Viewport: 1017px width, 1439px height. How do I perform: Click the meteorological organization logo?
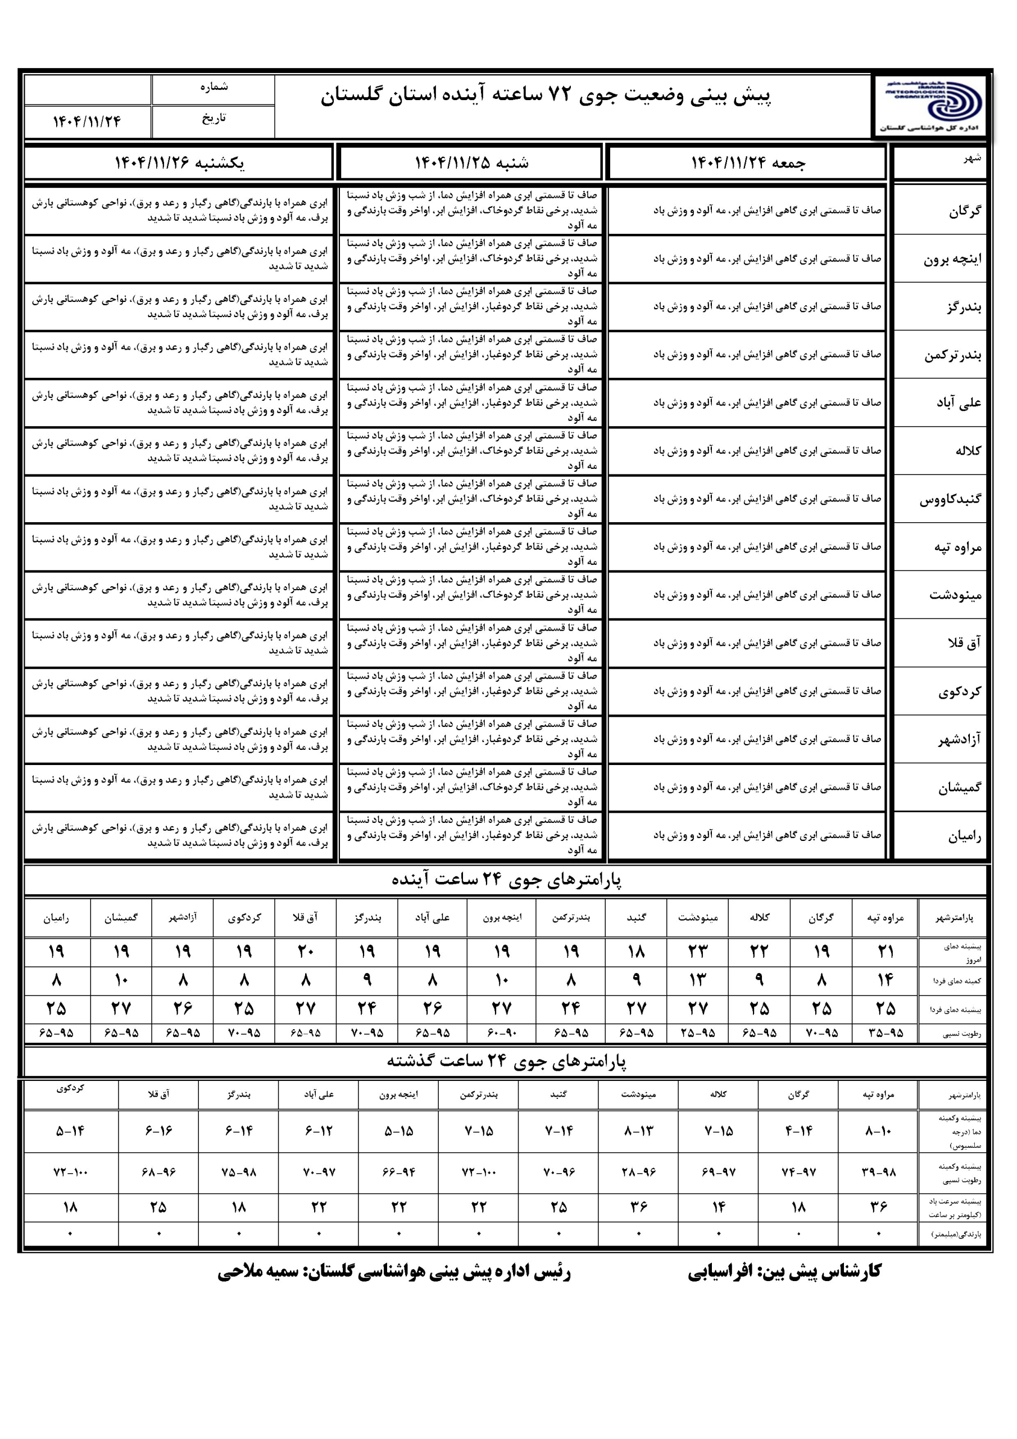pyautogui.click(x=931, y=105)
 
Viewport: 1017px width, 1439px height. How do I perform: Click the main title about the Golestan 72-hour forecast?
pyautogui.click(x=546, y=96)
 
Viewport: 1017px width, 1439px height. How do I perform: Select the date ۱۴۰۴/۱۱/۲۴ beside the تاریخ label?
pyautogui.click(x=87, y=121)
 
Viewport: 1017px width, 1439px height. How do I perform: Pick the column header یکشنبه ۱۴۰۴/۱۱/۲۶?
pyautogui.click(x=179, y=163)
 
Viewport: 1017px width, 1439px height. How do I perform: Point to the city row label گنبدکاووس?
pyautogui.click(x=950, y=500)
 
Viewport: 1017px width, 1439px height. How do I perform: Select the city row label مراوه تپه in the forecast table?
pyautogui.click(x=957, y=547)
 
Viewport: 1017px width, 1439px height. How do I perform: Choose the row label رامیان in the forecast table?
pyautogui.click(x=964, y=835)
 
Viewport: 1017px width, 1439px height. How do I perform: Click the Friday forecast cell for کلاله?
pyautogui.click(x=747, y=451)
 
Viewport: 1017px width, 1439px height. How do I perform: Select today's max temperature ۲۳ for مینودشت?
pyautogui.click(x=697, y=952)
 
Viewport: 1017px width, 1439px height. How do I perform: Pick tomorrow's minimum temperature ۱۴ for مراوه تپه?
pyautogui.click(x=885, y=980)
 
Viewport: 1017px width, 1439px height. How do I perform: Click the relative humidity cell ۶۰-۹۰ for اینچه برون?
pyautogui.click(x=501, y=1033)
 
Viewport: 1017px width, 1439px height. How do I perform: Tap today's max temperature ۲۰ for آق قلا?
pyautogui.click(x=305, y=952)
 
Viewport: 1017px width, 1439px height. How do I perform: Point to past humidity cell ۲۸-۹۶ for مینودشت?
pyautogui.click(x=638, y=1172)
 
